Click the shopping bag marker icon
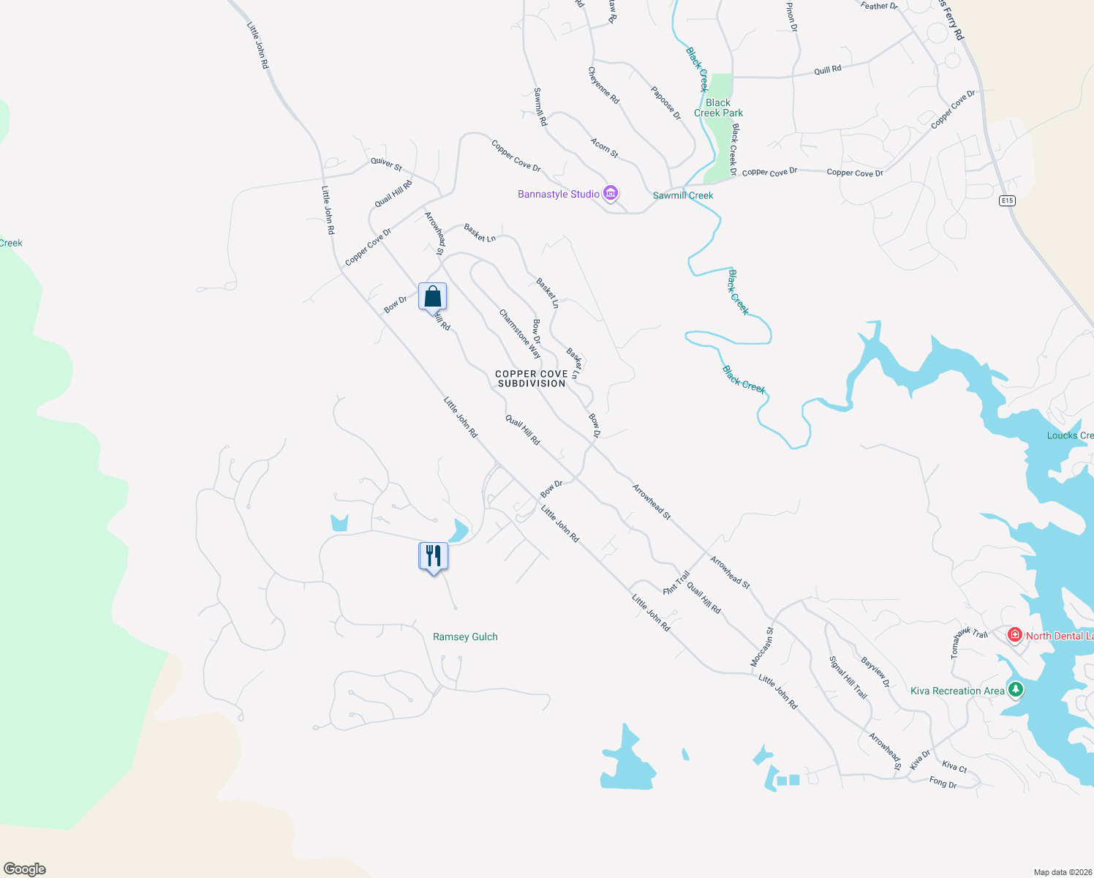point(432,296)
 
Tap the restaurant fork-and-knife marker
point(433,556)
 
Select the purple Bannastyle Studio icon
point(611,194)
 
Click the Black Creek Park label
point(718,108)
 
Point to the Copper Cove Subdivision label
point(532,378)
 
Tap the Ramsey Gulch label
point(465,637)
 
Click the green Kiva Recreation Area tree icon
point(1015,689)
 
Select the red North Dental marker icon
point(1014,635)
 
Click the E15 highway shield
point(1008,200)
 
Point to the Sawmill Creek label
point(683,195)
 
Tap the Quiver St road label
point(386,165)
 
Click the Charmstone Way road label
point(520,334)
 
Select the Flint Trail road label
point(676,582)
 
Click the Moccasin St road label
point(762,647)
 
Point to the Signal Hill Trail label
point(848,677)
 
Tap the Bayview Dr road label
point(875,672)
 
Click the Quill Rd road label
point(828,70)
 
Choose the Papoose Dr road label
point(665,103)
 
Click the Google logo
point(25,869)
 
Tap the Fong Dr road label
point(943,783)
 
